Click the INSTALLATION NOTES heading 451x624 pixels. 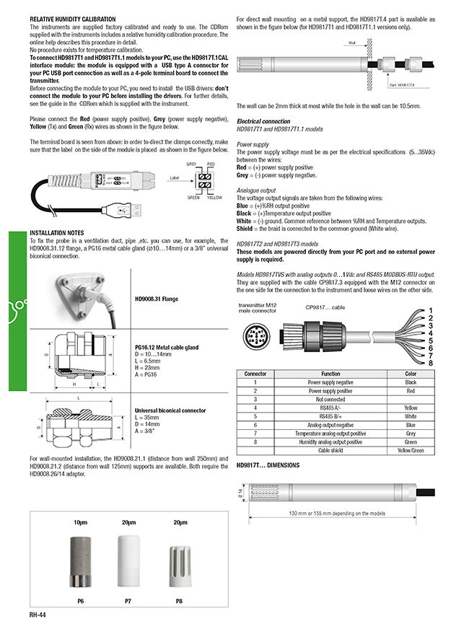(57, 234)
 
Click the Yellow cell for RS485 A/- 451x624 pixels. (410, 408)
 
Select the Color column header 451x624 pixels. (410, 374)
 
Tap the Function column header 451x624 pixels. (330, 374)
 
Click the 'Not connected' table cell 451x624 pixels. (330, 399)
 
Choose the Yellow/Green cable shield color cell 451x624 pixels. (410, 450)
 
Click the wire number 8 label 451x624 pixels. (431, 362)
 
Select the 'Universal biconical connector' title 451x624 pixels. (170, 410)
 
